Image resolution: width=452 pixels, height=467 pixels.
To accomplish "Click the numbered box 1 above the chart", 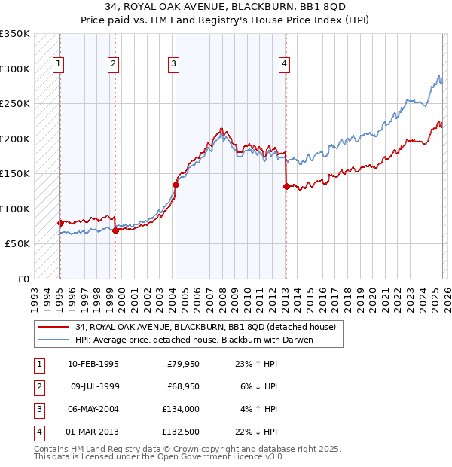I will [58, 65].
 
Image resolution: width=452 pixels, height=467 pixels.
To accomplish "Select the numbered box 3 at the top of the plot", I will [173, 65].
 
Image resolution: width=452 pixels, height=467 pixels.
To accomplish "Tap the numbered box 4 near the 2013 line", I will [284, 65].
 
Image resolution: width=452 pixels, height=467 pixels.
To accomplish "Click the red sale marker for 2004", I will [176, 184].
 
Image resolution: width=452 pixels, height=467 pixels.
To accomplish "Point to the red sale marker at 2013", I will [286, 187].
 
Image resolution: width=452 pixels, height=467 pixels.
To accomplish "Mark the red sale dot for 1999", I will [115, 230].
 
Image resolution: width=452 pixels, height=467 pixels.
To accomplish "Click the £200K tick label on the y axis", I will [15, 139].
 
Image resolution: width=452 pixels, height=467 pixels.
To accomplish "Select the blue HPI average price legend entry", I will [194, 340].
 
